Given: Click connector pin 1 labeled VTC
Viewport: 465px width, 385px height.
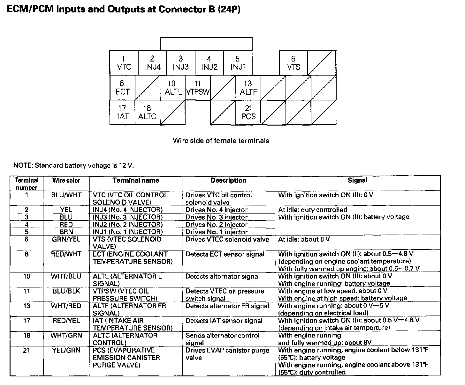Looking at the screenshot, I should [x=124, y=63].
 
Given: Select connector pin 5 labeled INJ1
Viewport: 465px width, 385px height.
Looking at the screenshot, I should [x=238, y=63].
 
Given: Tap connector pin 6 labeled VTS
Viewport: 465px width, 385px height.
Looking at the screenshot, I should [x=293, y=63].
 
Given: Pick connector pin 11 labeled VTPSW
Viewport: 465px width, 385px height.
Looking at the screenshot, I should [x=198, y=88].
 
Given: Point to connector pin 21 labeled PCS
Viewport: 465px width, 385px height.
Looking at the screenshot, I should [x=248, y=113].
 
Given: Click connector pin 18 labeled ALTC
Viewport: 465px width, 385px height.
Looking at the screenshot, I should [x=147, y=113].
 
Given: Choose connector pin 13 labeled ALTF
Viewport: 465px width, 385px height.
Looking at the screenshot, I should [x=248, y=88].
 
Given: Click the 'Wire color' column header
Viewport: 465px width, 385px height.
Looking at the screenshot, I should [x=66, y=180].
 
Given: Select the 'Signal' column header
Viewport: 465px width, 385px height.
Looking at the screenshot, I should [x=357, y=180].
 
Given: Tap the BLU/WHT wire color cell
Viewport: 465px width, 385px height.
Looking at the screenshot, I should [x=66, y=195].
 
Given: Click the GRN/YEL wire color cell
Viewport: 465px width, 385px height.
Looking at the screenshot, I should [x=66, y=239].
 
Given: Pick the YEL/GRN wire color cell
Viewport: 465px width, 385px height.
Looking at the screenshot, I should [x=66, y=350].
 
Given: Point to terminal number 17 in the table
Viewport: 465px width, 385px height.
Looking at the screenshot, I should [x=27, y=321].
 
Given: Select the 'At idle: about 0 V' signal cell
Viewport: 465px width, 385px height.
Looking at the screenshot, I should [x=304, y=239].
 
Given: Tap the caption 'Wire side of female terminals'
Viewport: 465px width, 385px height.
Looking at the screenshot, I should [x=221, y=141].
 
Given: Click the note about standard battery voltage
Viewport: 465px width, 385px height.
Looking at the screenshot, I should [x=73, y=165].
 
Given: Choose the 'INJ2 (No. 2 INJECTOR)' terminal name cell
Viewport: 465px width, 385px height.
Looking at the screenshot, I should [x=127, y=225].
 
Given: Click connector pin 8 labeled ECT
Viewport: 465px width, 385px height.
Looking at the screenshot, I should [x=122, y=88].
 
